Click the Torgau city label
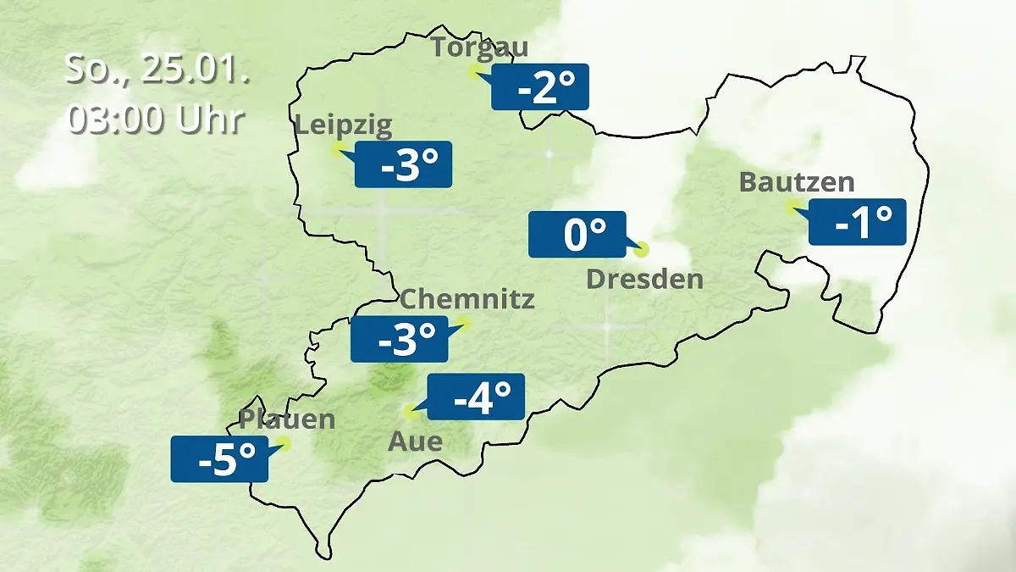[479, 47]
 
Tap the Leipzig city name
[344, 126]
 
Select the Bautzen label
[797, 182]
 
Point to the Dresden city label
[644, 279]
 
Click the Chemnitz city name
[467, 299]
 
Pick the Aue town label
[415, 441]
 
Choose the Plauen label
[287, 419]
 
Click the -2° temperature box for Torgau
[540, 87]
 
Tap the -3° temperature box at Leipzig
[403, 164]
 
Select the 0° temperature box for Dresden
[577, 234]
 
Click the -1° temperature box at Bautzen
[857, 222]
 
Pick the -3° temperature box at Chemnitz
[400, 339]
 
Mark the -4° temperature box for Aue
[476, 397]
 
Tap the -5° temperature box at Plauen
[219, 459]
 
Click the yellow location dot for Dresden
[641, 249]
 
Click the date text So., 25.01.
[157, 69]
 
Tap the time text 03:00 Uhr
[157, 119]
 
